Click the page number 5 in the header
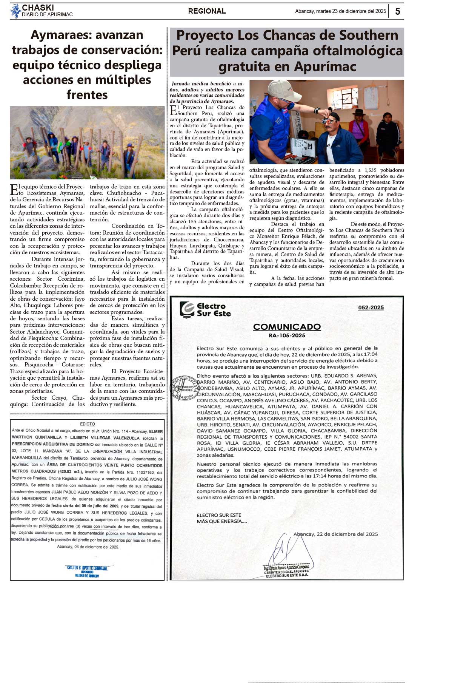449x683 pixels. (398, 11)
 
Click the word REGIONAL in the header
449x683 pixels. (207, 11)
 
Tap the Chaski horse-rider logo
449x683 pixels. (15, 11)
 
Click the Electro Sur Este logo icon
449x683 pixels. (187, 309)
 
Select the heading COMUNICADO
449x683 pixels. (287, 327)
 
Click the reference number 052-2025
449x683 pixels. (371, 308)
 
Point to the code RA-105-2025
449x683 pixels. (287, 335)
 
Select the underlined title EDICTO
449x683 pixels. (88, 424)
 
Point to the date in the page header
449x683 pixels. (340, 11)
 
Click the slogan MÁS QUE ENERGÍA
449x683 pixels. (222, 521)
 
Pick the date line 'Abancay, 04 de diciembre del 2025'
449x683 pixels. (88, 547)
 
